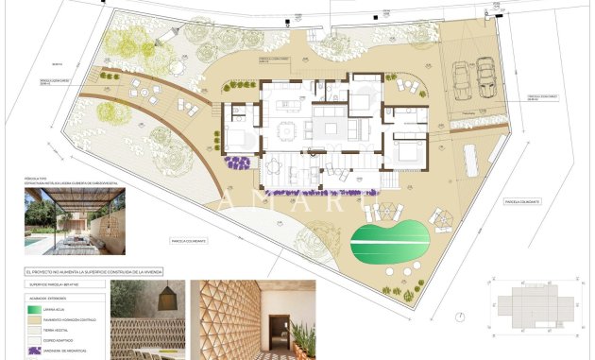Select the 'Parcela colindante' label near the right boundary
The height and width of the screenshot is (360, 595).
point(520,201)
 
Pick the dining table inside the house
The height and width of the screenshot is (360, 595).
point(284,127)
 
